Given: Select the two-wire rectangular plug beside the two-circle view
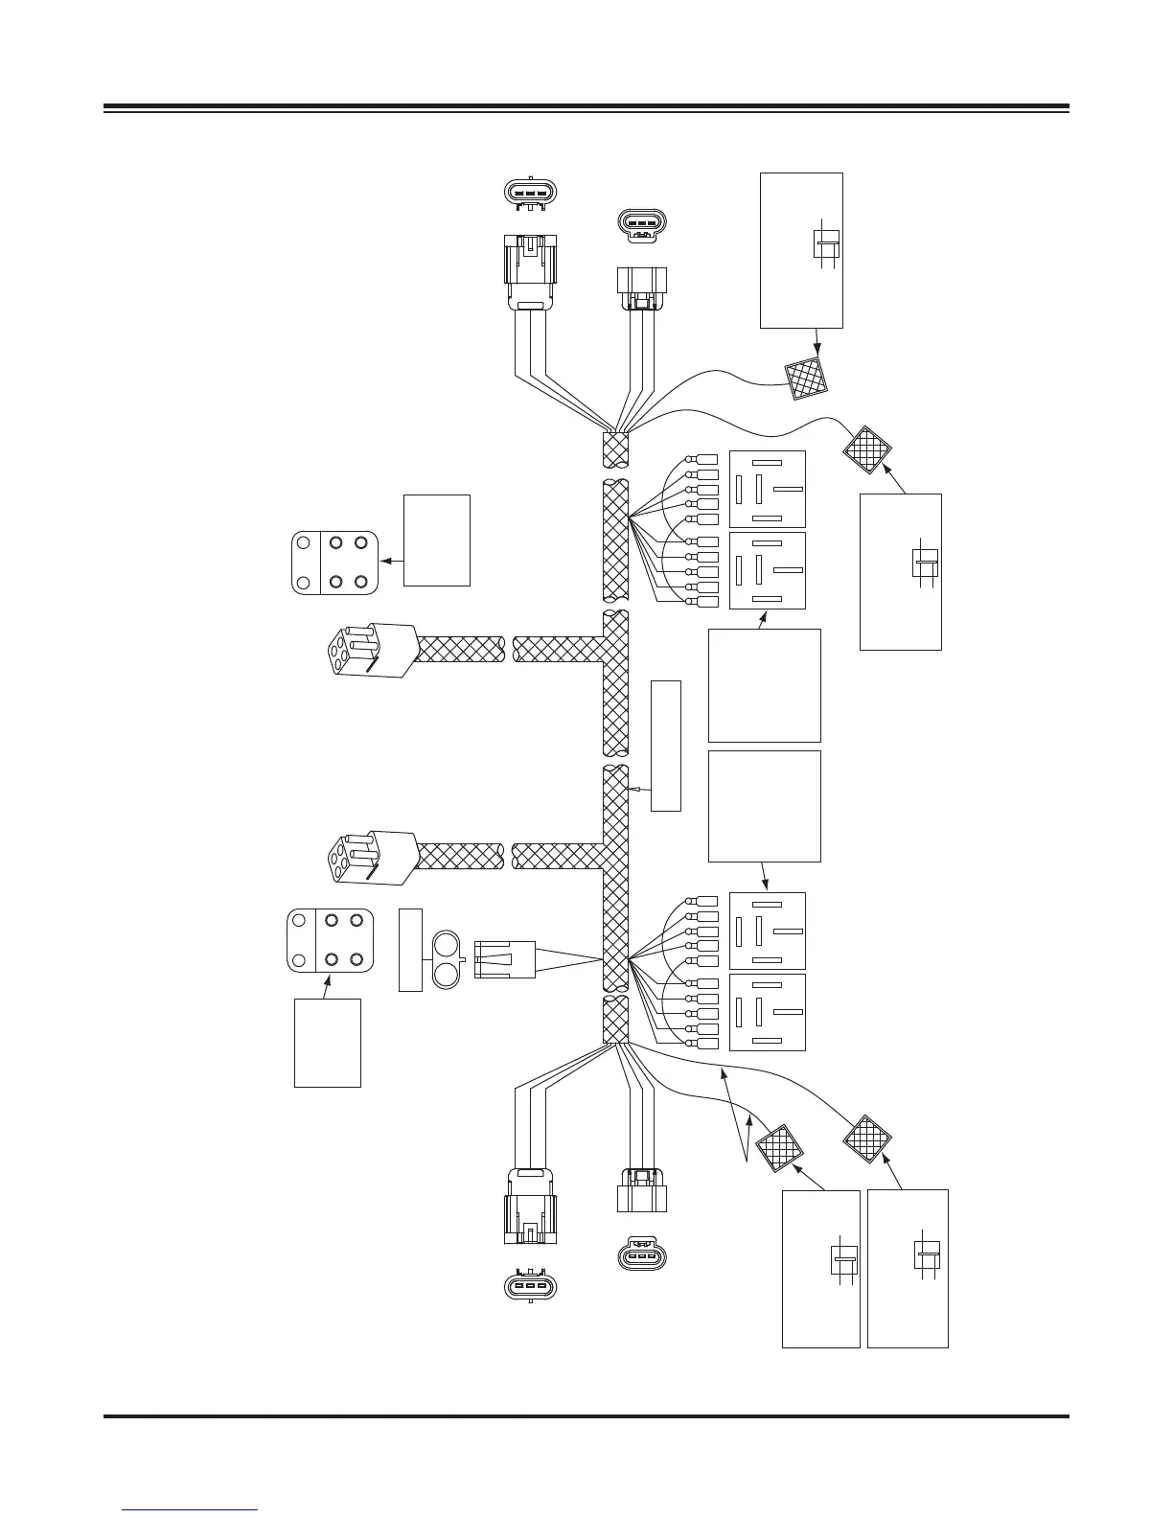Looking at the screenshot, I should pos(504,959).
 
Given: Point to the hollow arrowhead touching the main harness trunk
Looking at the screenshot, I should pos(633,788).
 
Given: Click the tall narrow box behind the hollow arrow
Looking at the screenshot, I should pos(665,745).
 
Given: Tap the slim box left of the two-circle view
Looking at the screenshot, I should pos(409,950).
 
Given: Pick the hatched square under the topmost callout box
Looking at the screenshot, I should pos(805,379).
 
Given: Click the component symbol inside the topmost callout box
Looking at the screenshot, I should pos(826,243).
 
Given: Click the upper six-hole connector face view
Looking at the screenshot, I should pos(333,563).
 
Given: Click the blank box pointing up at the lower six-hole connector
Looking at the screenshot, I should pos(327,1042).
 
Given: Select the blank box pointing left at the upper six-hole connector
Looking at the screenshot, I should pos(436,540).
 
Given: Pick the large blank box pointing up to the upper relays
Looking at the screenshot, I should pos(764,685).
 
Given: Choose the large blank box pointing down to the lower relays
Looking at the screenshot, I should pos(764,806).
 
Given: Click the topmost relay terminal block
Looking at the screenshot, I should pos(767,489).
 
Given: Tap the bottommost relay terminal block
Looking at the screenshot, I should pos(767,1012).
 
